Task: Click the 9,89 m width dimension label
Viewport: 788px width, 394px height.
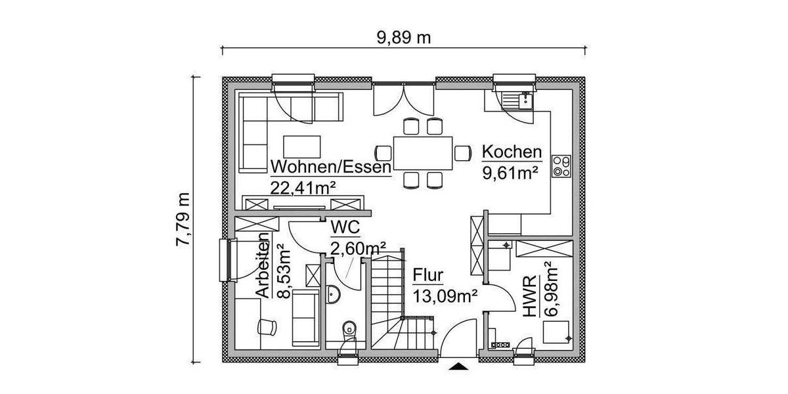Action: (x=404, y=37)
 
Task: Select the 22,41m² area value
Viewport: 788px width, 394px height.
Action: (x=299, y=186)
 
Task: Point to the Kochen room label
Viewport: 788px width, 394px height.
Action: (x=512, y=152)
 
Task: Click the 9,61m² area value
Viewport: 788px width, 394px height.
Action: (x=511, y=173)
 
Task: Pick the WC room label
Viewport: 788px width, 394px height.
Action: (x=345, y=227)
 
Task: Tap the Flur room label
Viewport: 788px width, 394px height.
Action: (x=428, y=275)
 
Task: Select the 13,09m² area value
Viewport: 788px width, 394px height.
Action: (x=445, y=295)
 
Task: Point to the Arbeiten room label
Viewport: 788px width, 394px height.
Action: (x=262, y=266)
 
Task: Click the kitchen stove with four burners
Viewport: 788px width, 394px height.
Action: (x=561, y=165)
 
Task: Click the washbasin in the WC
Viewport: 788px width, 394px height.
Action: (x=332, y=295)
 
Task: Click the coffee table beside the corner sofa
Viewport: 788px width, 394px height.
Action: (x=301, y=147)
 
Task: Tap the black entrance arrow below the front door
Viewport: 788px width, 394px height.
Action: (x=458, y=367)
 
